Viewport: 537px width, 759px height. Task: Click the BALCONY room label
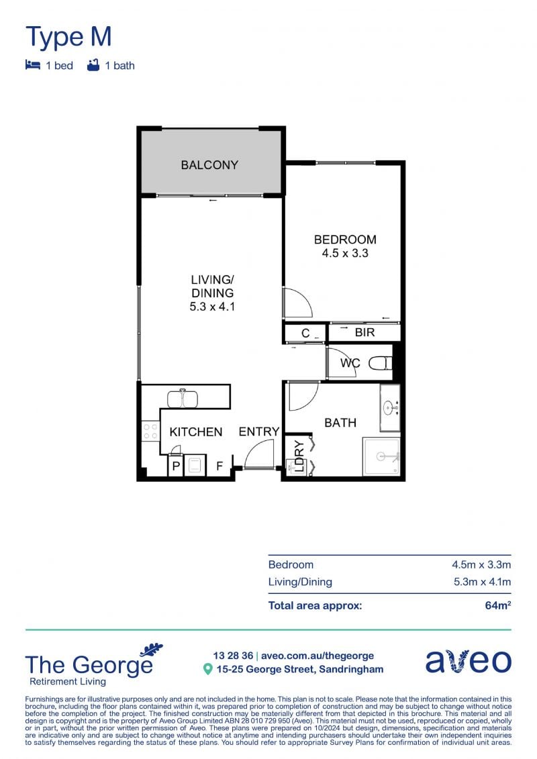tap(209, 165)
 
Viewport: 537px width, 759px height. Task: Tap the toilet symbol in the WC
tap(380, 363)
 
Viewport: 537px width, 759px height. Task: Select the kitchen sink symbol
tap(183, 399)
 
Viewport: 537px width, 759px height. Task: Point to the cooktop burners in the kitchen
tap(150, 432)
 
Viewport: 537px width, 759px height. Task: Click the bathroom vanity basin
tap(390, 407)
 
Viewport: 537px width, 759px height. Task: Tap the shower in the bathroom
tap(381, 456)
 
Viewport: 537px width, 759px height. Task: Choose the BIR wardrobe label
tap(364, 333)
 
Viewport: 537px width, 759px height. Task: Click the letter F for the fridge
tap(219, 466)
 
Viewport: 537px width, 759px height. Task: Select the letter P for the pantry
tap(177, 466)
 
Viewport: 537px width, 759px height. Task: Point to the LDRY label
tap(299, 456)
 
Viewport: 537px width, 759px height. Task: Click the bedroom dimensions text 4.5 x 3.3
tap(345, 253)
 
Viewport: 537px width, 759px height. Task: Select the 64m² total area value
tap(498, 605)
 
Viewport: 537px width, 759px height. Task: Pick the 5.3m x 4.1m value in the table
tap(482, 582)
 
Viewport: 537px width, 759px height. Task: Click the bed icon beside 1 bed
tap(32, 65)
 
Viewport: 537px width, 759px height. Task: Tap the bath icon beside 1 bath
tap(93, 65)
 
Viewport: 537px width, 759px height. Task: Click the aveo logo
tap(469, 661)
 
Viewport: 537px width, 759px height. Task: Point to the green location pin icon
tap(207, 670)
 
